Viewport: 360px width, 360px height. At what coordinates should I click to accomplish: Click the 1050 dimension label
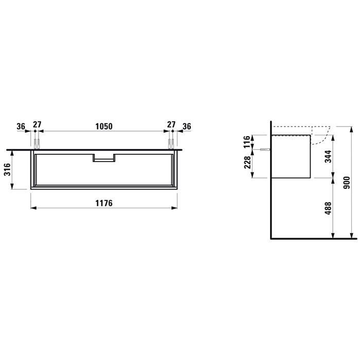coord(104,127)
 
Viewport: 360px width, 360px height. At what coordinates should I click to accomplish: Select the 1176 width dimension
coord(104,203)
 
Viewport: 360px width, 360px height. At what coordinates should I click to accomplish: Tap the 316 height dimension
coord(7,169)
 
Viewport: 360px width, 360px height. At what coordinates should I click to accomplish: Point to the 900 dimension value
coord(347,183)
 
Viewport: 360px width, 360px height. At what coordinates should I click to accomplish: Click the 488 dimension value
coord(328,208)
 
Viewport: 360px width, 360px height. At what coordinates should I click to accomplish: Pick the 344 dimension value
coord(328,156)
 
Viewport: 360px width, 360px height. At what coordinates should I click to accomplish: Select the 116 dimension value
coord(247,141)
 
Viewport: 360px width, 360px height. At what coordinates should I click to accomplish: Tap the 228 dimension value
coord(247,163)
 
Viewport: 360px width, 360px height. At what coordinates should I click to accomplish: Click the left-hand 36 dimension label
coord(21,127)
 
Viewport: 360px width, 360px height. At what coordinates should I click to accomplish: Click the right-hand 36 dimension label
coord(187,127)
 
